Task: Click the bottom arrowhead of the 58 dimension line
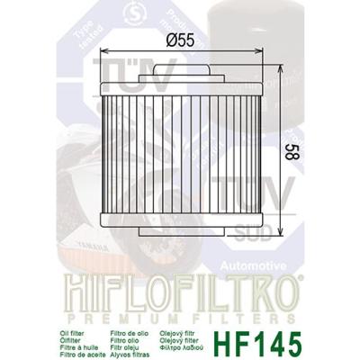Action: [x=285, y=231]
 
